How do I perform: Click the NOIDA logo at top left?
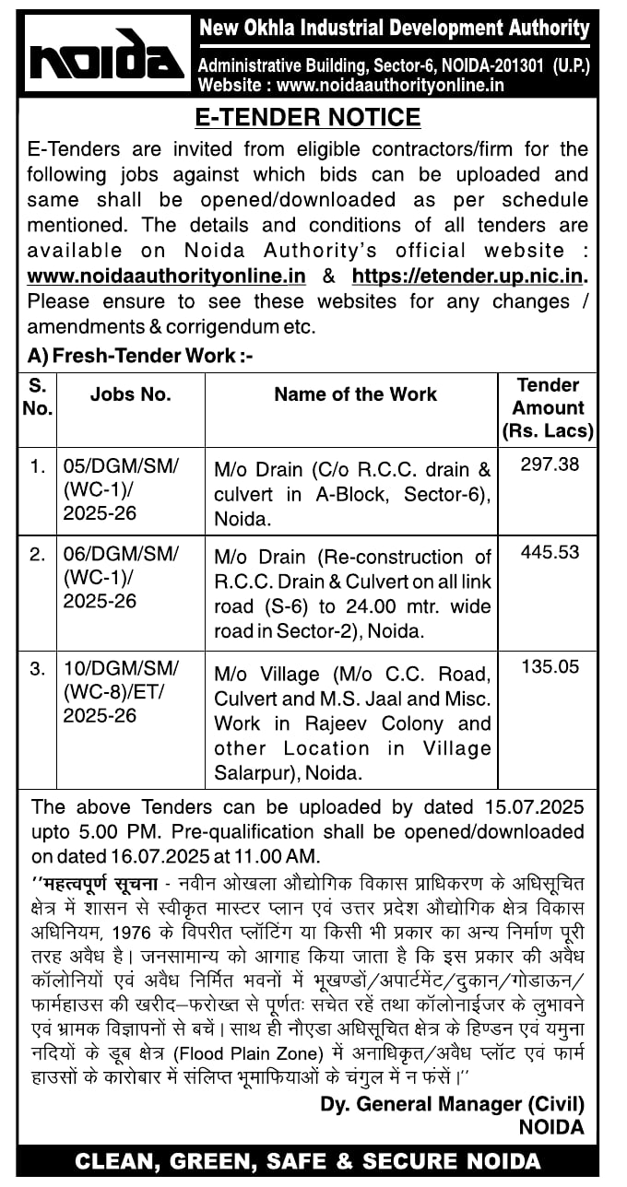tap(106, 54)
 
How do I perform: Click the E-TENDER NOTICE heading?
tap(308, 118)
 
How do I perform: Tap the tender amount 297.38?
tap(550, 464)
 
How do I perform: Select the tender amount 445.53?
tap(550, 552)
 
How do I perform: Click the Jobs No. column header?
tap(130, 394)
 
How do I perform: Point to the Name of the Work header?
tap(355, 394)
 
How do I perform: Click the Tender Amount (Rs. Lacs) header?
tap(549, 407)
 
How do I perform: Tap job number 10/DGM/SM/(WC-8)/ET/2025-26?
tap(120, 690)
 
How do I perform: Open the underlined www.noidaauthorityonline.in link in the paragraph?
tap(167, 276)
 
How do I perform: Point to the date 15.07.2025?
tap(534, 807)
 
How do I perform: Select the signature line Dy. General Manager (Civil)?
tap(452, 1104)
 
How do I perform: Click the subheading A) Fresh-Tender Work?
tap(140, 356)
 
